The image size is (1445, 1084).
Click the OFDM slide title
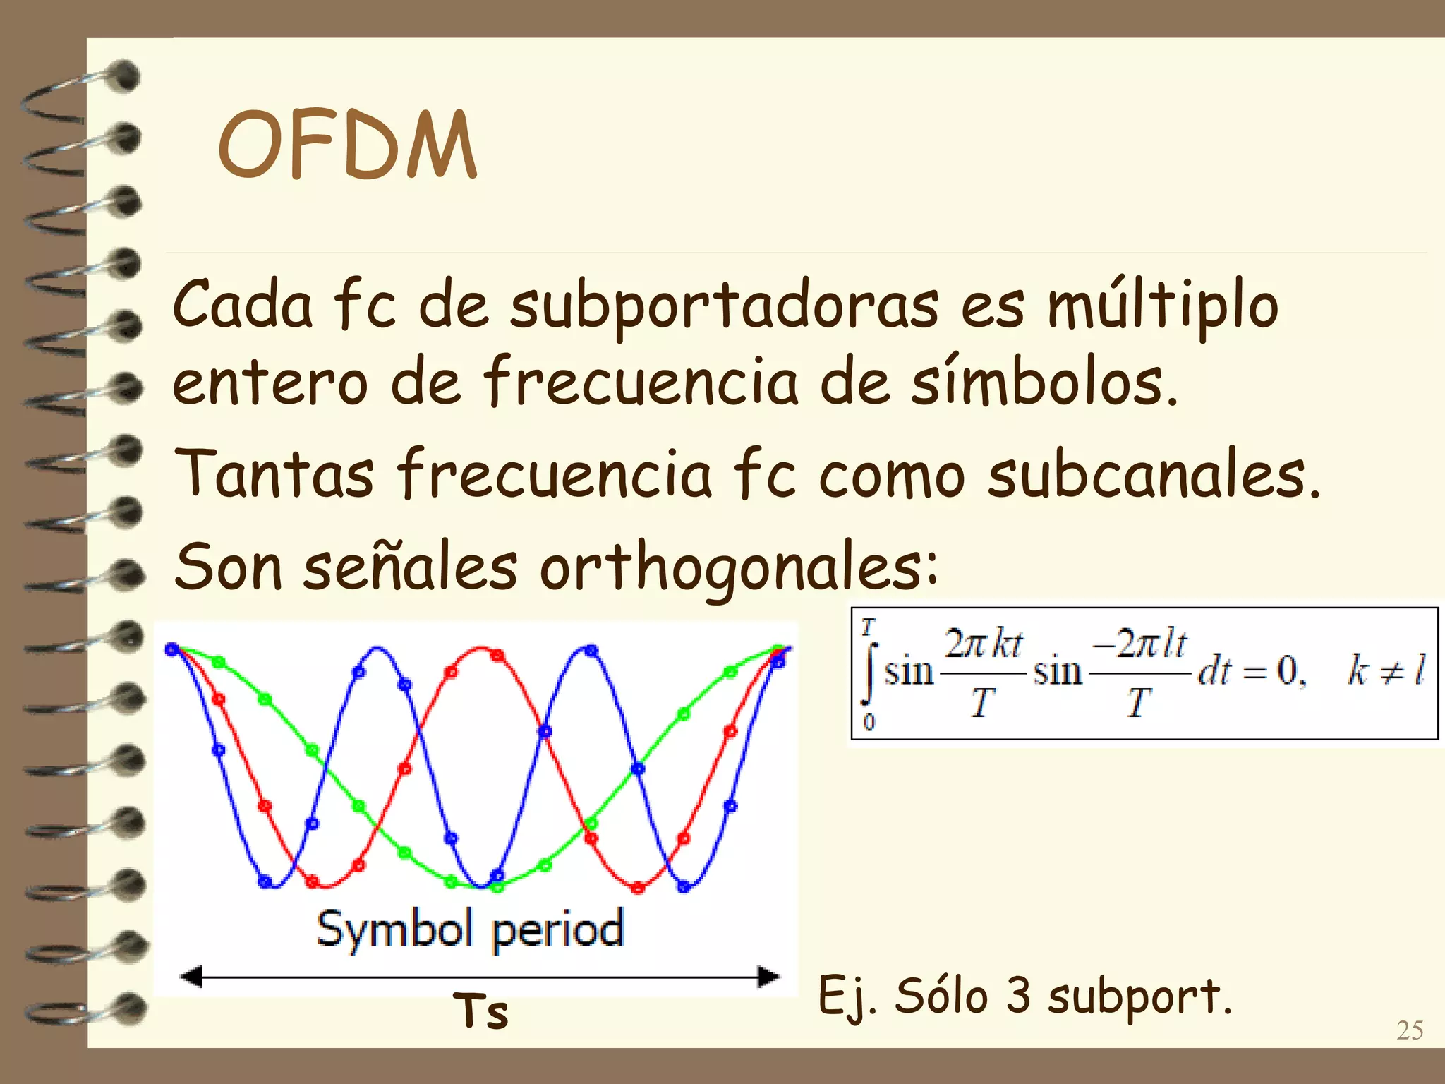(347, 145)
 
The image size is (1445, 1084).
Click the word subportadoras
(725, 307)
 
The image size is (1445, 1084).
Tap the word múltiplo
(1162, 307)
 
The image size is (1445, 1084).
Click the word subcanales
(1153, 474)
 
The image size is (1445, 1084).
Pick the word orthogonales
(739, 568)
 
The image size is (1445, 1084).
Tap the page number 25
(1410, 1030)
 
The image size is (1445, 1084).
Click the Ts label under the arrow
(480, 1011)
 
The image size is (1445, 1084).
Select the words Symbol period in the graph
(471, 930)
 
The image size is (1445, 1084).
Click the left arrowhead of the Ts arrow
(191, 977)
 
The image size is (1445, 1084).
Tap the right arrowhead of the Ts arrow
(768, 977)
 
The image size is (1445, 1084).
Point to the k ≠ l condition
(1386, 670)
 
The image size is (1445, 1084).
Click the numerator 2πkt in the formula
(984, 644)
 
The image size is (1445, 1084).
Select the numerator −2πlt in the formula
(1139, 644)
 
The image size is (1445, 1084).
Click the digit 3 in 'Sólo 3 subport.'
(1018, 996)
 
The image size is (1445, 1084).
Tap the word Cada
(242, 306)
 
